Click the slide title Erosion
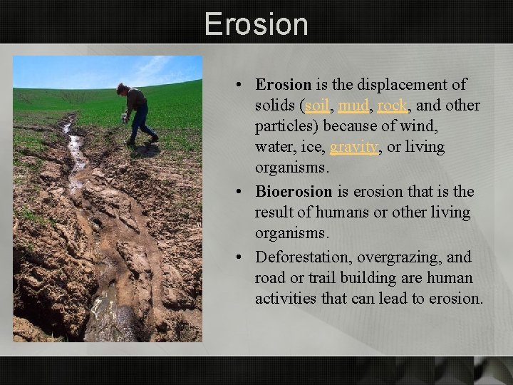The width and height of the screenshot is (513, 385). coord(256,24)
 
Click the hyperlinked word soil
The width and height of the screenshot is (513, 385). coord(317,106)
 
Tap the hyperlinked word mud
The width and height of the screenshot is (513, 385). coord(353,106)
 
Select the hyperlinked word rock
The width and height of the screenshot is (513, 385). coord(392,106)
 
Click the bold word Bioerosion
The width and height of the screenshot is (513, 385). coord(294,192)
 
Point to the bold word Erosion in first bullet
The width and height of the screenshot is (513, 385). coord(284,85)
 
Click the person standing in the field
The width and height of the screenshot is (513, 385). coord(137,114)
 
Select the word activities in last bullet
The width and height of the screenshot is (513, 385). coord(285,298)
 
